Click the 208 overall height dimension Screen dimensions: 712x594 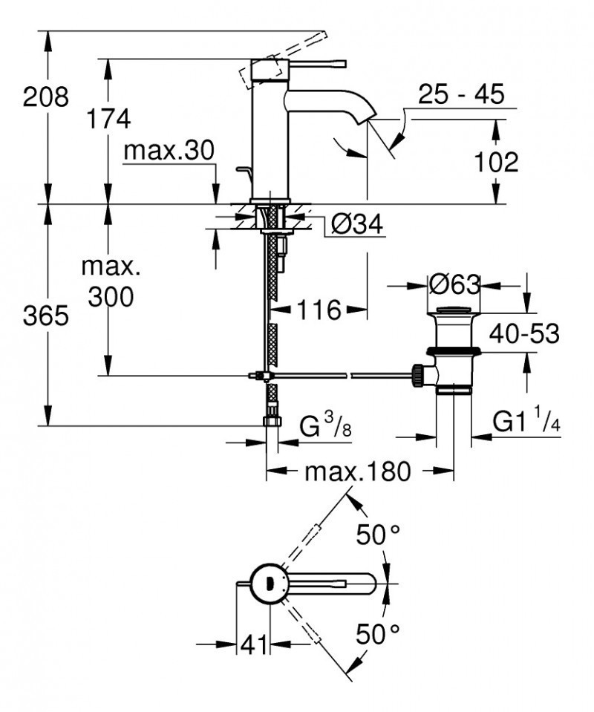pyautogui.click(x=45, y=97)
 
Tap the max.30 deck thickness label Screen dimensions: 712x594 pyautogui.click(x=169, y=151)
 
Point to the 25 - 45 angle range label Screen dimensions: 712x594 pyautogui.click(x=460, y=94)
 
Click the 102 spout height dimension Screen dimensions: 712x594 pyautogui.click(x=495, y=161)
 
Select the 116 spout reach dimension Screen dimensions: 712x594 pyautogui.click(x=319, y=310)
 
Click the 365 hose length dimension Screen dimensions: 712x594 pyautogui.click(x=45, y=316)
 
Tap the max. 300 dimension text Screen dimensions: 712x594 pyautogui.click(x=110, y=281)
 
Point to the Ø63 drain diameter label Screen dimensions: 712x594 pyautogui.click(x=454, y=284)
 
